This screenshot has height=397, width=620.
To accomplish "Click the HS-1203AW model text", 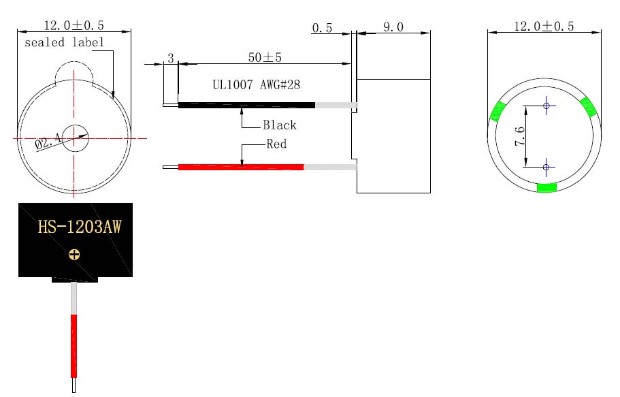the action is point(80,227).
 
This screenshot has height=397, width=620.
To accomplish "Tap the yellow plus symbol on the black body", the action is point(74,255).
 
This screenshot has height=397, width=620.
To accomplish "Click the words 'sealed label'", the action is point(64,42).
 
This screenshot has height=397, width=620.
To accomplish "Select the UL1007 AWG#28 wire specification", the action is point(256,84).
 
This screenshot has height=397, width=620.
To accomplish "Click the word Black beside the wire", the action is point(280,125).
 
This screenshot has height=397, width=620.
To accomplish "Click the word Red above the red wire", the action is point(276,144).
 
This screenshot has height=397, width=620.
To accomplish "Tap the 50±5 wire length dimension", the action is point(265,57).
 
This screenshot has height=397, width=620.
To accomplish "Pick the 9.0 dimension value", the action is point(393,27).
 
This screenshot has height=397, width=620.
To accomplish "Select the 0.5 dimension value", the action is point(322,28).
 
